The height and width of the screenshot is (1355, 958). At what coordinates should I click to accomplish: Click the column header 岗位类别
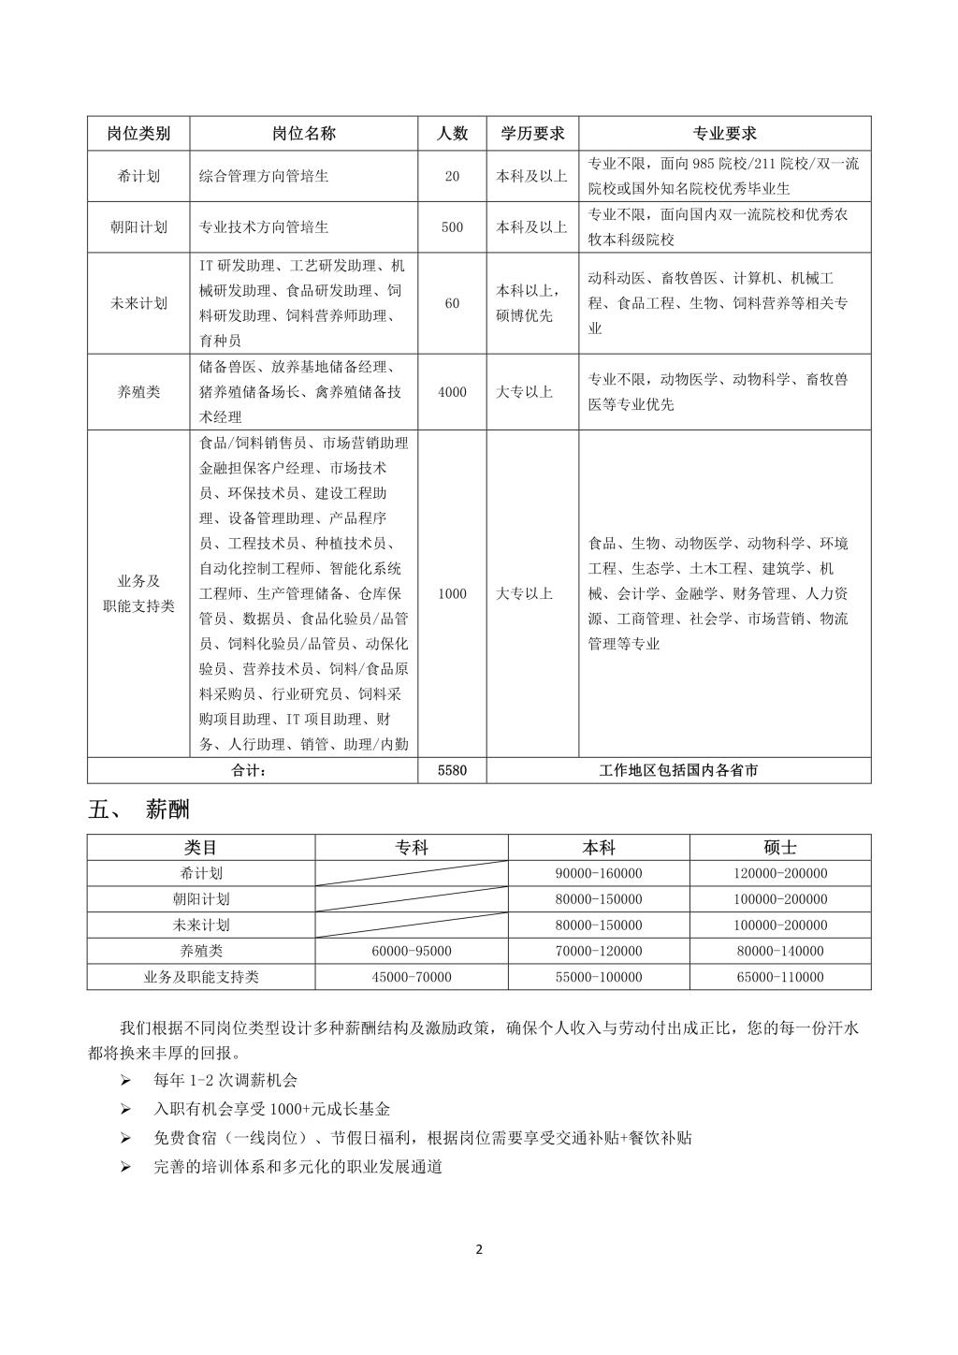tap(138, 134)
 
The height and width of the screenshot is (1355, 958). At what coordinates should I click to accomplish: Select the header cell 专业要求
tap(724, 134)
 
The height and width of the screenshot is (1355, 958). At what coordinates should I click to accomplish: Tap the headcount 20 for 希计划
tap(452, 176)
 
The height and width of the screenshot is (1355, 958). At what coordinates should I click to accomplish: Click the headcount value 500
tap(452, 226)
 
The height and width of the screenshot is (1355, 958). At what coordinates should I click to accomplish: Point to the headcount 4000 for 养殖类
tap(452, 392)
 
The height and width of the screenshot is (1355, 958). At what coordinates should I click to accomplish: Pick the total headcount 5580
tap(452, 770)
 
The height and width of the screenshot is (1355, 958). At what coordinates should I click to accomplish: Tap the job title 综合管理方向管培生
tap(264, 176)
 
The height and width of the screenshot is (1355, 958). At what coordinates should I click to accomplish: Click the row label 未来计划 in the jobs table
tap(138, 303)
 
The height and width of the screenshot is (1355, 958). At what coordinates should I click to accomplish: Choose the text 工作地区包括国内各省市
tap(678, 770)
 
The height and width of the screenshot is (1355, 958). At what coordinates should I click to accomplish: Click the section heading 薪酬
tap(167, 809)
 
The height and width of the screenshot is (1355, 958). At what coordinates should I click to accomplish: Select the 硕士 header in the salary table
tap(780, 847)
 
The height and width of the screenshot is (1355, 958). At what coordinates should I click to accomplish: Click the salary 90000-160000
tap(599, 873)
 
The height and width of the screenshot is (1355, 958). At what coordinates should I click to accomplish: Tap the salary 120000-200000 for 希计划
tap(780, 873)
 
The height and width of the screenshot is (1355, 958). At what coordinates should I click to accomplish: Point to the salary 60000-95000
tap(412, 951)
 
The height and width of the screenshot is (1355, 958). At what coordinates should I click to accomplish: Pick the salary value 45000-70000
tap(412, 977)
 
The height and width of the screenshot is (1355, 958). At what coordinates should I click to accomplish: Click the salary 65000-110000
tap(780, 977)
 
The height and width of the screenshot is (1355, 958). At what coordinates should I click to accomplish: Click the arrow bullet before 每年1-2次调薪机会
tap(126, 1080)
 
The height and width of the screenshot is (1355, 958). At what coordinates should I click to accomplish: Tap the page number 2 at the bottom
tap(479, 1249)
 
